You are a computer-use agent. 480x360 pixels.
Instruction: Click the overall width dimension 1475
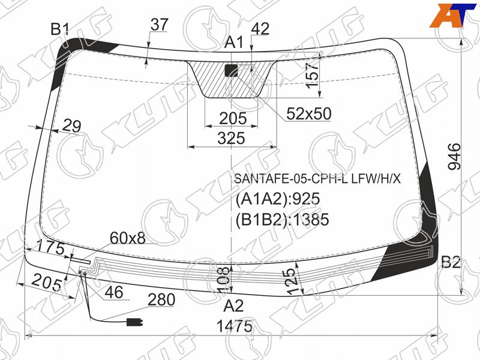tap(234, 326)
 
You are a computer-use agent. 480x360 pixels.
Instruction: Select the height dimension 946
tap(454, 157)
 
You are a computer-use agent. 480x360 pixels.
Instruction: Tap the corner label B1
tap(60, 29)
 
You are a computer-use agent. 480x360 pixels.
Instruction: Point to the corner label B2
tap(451, 262)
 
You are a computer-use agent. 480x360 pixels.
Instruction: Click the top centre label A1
tap(234, 42)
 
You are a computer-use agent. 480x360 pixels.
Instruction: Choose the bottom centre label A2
tap(233, 305)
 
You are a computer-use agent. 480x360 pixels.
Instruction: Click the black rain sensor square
tap(232, 70)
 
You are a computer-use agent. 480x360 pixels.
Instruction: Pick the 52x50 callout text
tap(309, 113)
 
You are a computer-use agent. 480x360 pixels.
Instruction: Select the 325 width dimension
tap(232, 138)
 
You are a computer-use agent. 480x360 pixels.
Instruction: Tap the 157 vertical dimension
tap(313, 74)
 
